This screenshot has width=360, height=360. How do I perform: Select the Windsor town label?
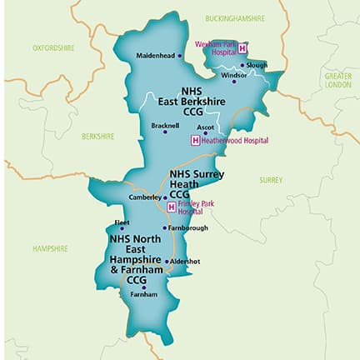(233, 75)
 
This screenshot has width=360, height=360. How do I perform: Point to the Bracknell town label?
(165, 126)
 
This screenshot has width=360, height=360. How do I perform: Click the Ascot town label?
(205, 127)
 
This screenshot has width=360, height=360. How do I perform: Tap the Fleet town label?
(121, 222)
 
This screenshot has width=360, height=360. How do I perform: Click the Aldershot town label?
(185, 261)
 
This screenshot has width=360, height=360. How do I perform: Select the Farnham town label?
(143, 294)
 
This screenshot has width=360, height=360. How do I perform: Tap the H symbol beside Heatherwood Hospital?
(196, 140)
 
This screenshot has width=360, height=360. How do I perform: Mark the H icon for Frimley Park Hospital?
(172, 207)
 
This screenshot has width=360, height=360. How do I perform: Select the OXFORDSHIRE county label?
(53, 47)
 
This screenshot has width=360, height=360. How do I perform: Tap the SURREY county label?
(271, 179)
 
